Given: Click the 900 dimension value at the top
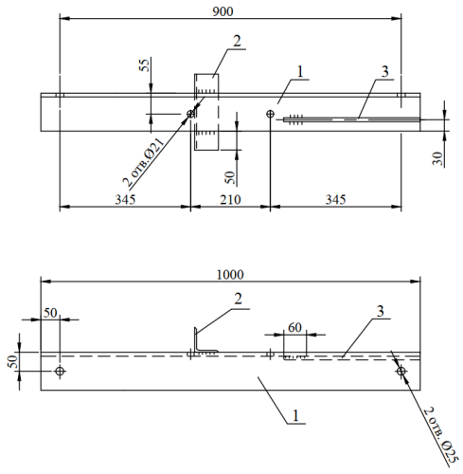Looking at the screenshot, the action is [x=223, y=11].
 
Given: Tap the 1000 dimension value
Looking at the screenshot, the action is [x=230, y=275].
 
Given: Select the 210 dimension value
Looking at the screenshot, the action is [x=230, y=200].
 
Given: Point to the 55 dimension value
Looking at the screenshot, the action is [x=144, y=65].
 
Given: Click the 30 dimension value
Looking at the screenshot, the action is [x=437, y=158].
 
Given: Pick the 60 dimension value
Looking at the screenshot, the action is [x=294, y=327].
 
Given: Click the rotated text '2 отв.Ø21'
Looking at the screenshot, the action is [x=144, y=162].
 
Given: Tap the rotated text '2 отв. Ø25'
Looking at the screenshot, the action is [x=439, y=436].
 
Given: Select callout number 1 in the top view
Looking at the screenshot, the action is [x=300, y=72].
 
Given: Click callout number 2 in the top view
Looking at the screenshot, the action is [x=237, y=41].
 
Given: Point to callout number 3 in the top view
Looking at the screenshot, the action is [x=384, y=72].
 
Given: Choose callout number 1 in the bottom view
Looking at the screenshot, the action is [x=295, y=415].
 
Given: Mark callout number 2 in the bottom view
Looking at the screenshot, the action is [x=238, y=299].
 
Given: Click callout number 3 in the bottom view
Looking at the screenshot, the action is [x=381, y=311].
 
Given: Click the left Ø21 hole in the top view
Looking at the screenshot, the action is [x=190, y=114].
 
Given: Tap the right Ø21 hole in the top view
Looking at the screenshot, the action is [x=271, y=114].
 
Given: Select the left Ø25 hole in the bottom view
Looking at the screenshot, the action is [x=60, y=371].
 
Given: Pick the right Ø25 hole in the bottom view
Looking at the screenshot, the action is [x=401, y=371].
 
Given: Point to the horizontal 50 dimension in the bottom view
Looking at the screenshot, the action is [x=50, y=313].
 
